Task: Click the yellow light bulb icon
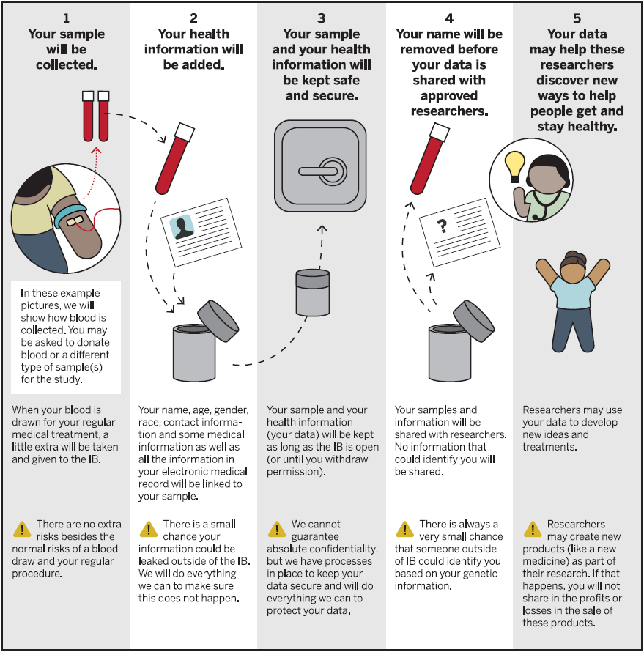[x=514, y=166]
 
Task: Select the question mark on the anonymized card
[x=442, y=226]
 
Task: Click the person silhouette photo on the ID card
[x=182, y=227]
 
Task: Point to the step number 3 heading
[x=321, y=18]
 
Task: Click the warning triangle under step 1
[x=22, y=530]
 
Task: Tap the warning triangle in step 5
[x=533, y=530]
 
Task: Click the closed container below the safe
[x=313, y=293]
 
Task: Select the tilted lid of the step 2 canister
[x=218, y=321]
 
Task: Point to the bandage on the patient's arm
[x=75, y=221]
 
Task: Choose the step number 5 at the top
[x=577, y=18]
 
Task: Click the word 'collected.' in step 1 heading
[x=67, y=65]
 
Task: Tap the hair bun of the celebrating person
[x=572, y=256]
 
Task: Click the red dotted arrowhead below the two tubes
[x=96, y=150]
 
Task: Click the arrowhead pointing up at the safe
[x=322, y=229]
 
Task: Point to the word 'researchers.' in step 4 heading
[x=449, y=111]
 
